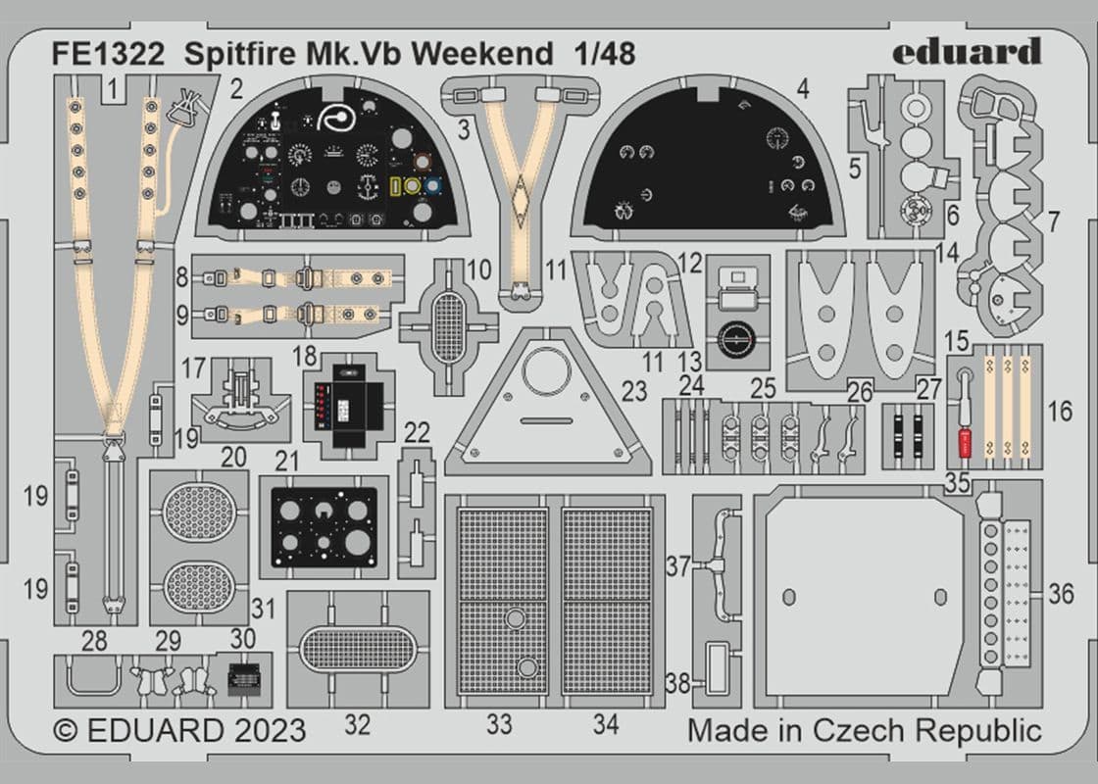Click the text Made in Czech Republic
click(864, 731)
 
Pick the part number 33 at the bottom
click(499, 725)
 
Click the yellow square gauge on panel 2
click(399, 186)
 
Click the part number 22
click(417, 432)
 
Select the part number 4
click(803, 90)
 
